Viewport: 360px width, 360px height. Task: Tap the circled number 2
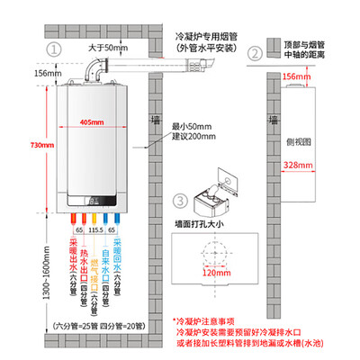pos(256,52)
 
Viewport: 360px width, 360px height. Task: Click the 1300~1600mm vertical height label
pos(13,269)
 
